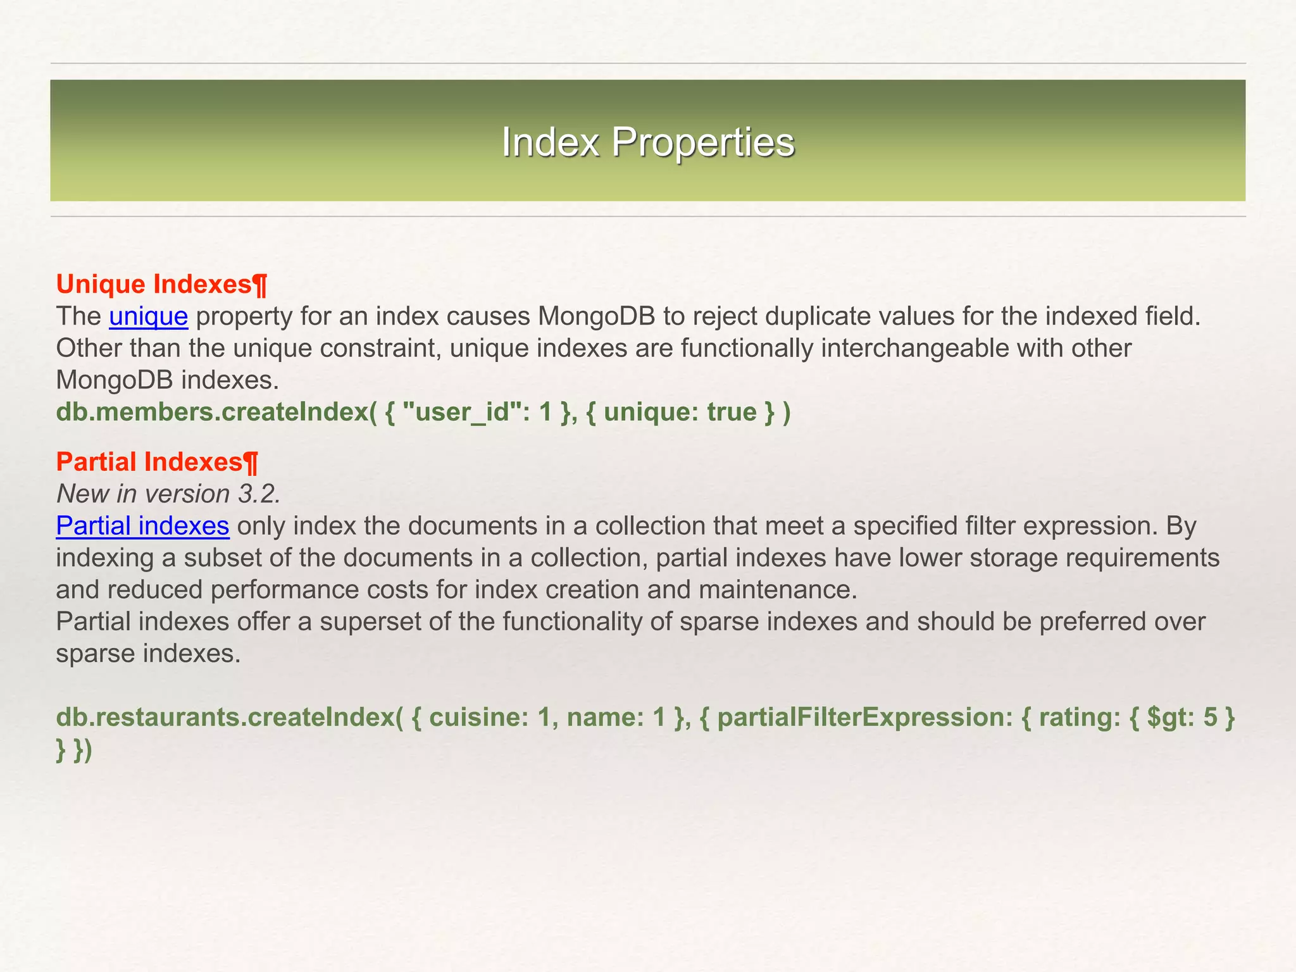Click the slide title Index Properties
pos(647,142)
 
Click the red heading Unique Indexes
pos(154,285)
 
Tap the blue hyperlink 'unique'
pos(148,316)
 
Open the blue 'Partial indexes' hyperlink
pos(142,526)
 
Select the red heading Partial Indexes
pos(149,462)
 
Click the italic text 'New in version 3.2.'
pos(168,494)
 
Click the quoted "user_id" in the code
pos(456,412)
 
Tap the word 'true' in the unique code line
pos(732,412)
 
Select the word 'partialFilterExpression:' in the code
pos(864,717)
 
